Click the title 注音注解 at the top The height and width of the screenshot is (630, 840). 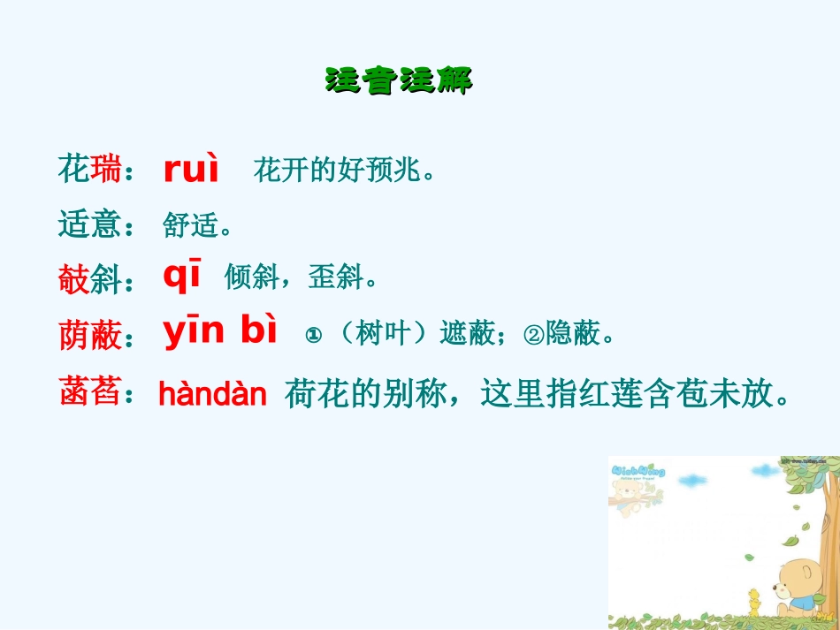tap(399, 80)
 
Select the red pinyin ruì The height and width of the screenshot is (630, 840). tap(191, 170)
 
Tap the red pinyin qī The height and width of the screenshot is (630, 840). tap(183, 277)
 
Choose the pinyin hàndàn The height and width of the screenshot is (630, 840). tap(212, 395)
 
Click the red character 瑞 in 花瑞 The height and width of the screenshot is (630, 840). tap(105, 169)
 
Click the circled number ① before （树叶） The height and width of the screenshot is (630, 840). tap(311, 336)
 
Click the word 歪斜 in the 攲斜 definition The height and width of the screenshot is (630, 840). tap(335, 279)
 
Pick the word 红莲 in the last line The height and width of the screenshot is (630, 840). tap(627, 394)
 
